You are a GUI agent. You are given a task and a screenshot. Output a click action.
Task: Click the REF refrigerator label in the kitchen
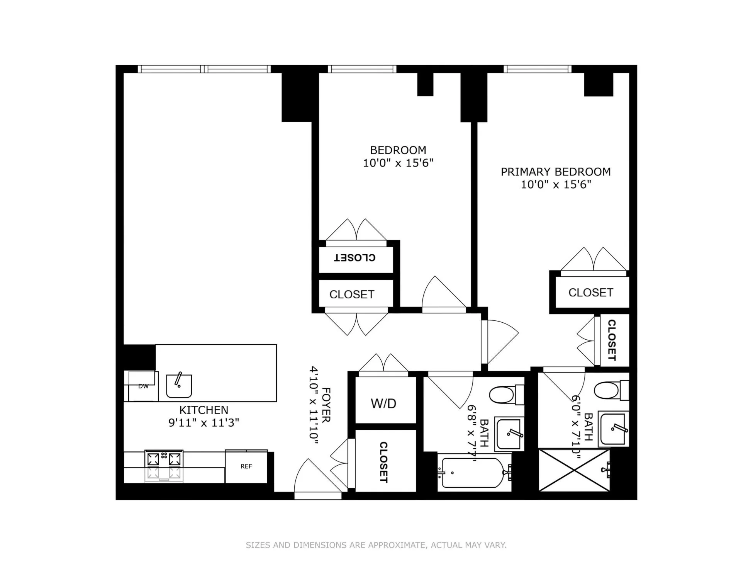click(246, 466)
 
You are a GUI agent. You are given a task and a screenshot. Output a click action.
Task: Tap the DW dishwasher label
click(143, 386)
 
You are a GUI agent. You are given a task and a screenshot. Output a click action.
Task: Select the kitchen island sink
click(179, 386)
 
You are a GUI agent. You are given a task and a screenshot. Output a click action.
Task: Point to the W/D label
click(383, 403)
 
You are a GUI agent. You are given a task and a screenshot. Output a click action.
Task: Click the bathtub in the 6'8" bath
click(473, 473)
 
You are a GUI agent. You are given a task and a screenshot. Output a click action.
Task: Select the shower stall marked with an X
click(574, 470)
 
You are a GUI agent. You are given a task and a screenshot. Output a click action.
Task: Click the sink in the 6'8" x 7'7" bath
click(509, 434)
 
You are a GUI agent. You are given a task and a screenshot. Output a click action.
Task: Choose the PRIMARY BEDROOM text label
click(556, 172)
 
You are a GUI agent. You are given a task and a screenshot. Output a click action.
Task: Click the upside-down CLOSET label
click(354, 258)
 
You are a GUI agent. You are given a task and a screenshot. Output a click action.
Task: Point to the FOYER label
click(326, 405)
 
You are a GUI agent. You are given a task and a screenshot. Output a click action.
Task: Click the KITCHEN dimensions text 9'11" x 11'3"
click(204, 423)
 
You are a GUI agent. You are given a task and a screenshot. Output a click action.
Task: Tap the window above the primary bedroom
click(537, 69)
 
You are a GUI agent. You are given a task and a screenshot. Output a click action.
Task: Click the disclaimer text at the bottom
click(376, 545)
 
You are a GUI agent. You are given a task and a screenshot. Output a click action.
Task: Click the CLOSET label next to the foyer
click(383, 462)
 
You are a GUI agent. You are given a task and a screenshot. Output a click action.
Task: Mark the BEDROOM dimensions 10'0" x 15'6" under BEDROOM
click(398, 163)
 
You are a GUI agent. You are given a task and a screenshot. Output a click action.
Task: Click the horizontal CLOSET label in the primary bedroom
click(590, 293)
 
